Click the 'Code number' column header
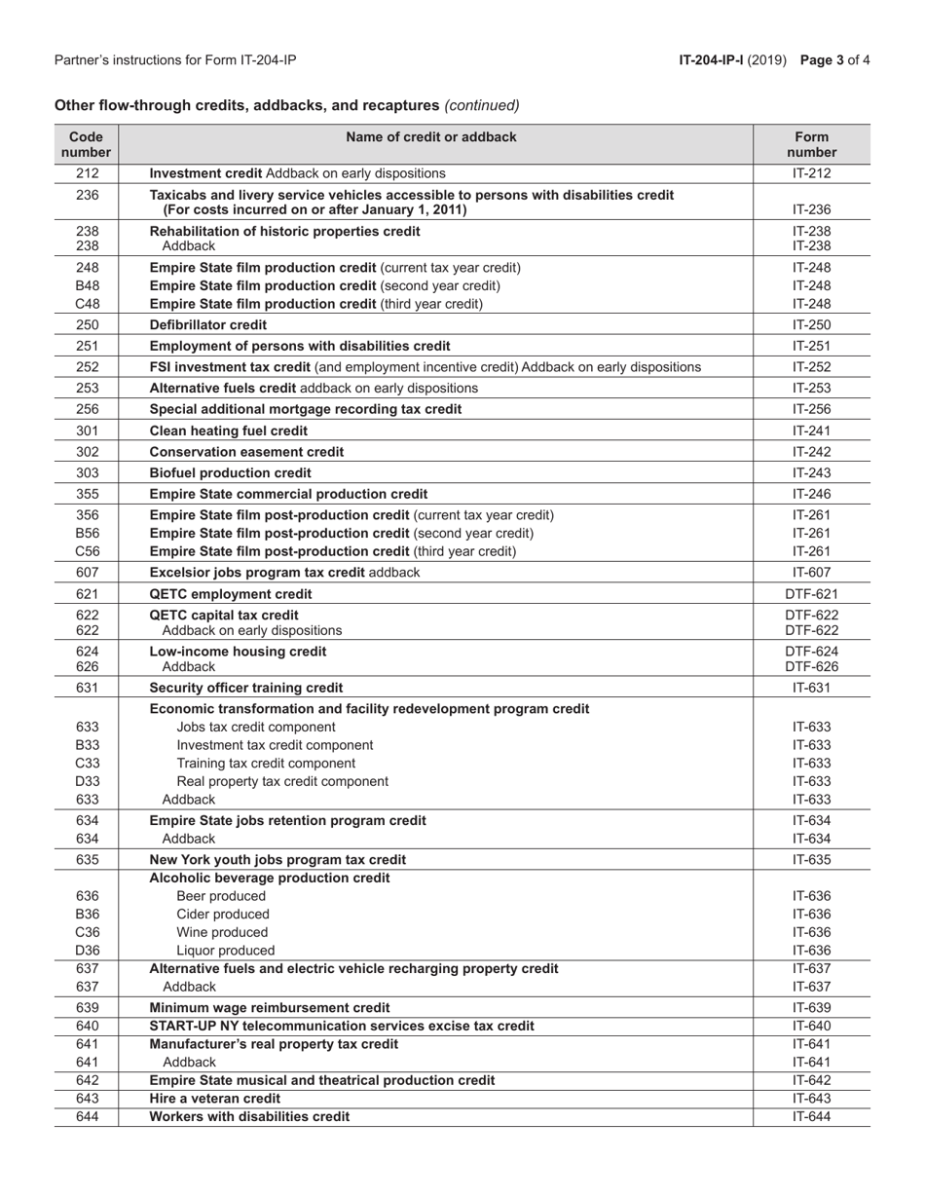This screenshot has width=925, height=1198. [87, 145]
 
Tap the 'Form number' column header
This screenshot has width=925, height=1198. [811, 145]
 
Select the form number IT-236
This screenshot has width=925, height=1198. [811, 209]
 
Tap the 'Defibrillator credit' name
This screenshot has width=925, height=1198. [208, 324]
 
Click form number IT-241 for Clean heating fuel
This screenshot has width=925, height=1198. [811, 431]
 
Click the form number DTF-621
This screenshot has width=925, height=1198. [811, 594]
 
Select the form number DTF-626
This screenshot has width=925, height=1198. [811, 666]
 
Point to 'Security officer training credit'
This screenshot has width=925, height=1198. [245, 688]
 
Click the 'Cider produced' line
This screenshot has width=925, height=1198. [223, 914]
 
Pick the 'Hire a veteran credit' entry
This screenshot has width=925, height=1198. [214, 1098]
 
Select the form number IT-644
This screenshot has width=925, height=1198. [811, 1116]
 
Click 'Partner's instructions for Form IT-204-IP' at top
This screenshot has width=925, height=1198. [175, 60]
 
